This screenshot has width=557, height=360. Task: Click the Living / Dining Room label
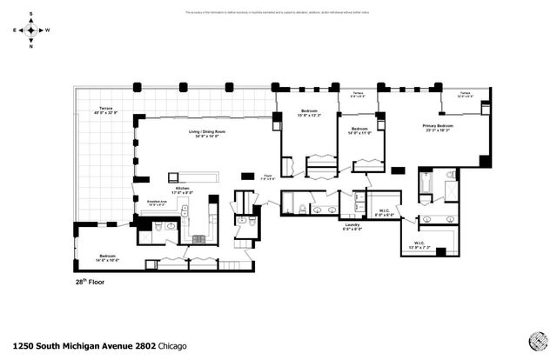207,133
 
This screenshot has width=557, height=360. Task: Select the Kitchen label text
184,189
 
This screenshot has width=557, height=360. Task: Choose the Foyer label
268,177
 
